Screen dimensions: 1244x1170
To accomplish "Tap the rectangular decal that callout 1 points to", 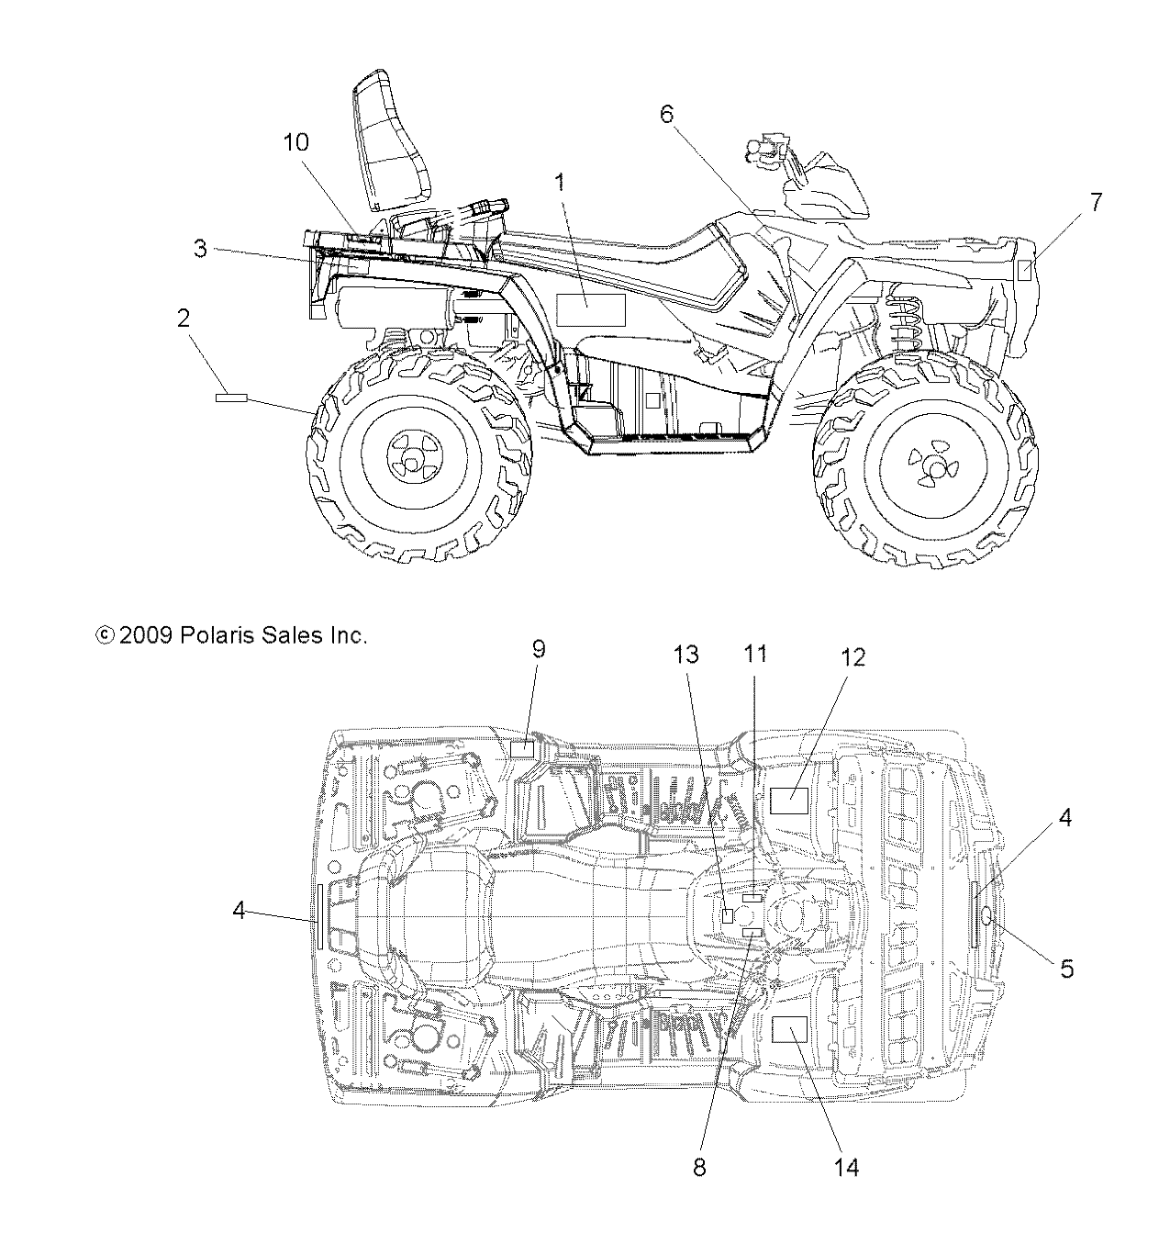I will click(590, 310).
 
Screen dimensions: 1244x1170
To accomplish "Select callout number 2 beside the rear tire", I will click(184, 319).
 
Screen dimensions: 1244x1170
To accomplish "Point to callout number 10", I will click(295, 142).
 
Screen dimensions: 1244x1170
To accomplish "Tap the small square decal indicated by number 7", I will click(1025, 270).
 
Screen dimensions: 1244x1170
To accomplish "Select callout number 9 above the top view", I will click(539, 649).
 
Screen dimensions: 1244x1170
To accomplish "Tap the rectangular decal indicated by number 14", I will click(787, 1031).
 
